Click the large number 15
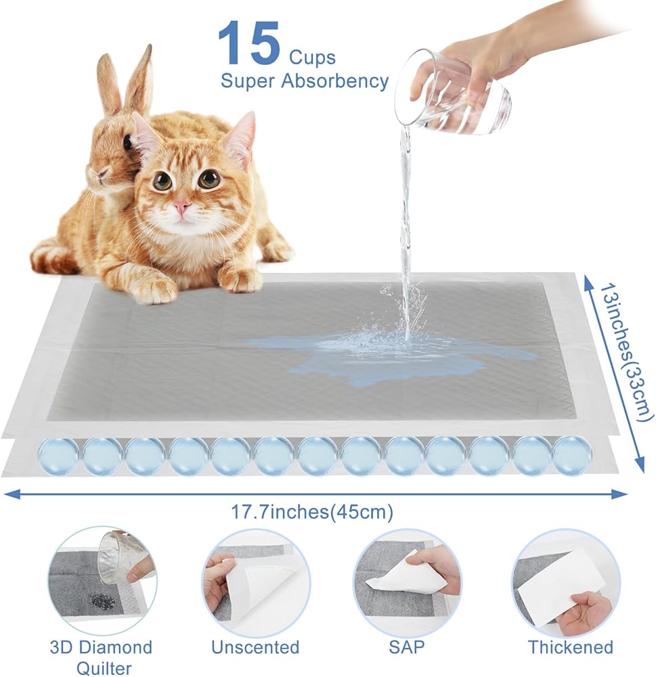[249, 43]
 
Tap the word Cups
[312, 58]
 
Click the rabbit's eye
[128, 142]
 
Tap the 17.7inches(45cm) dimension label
[312, 512]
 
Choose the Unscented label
[255, 647]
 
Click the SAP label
[407, 647]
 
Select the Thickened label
[571, 647]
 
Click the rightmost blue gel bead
[572, 455]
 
